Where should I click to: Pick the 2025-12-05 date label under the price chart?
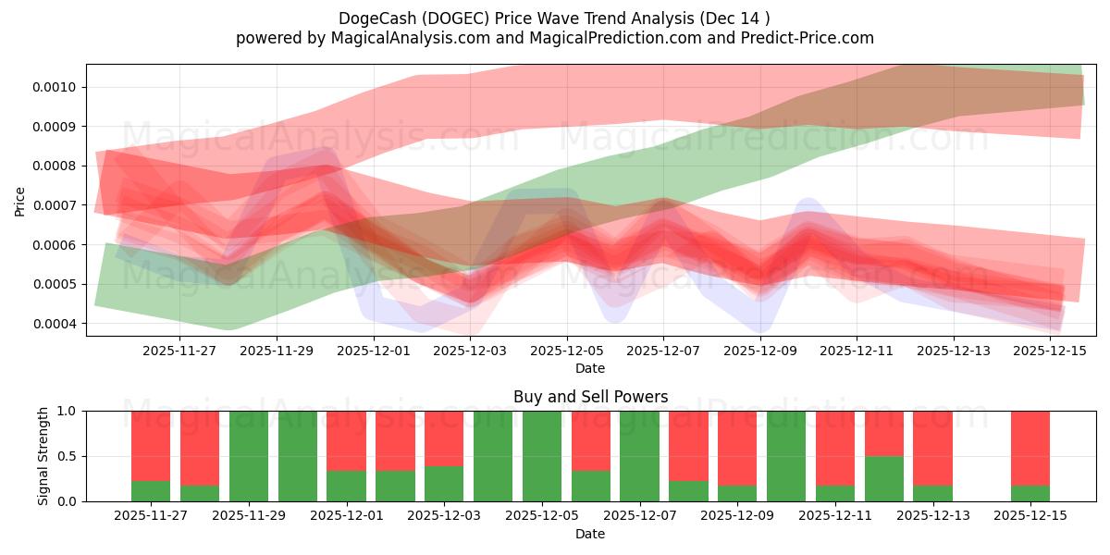click(x=566, y=351)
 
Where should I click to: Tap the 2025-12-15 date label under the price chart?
click(x=1051, y=351)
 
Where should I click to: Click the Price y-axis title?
click(x=20, y=201)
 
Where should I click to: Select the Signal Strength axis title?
click(x=43, y=456)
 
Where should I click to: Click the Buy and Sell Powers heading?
click(x=590, y=397)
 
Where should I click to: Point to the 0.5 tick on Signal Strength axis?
click(x=70, y=456)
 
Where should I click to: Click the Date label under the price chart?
click(x=590, y=368)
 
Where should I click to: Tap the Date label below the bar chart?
click(x=590, y=534)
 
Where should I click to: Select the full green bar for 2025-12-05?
click(x=541, y=456)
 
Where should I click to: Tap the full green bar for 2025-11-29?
click(x=249, y=456)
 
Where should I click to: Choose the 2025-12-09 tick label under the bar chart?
click(x=737, y=515)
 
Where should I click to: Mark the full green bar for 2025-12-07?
click(x=639, y=456)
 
